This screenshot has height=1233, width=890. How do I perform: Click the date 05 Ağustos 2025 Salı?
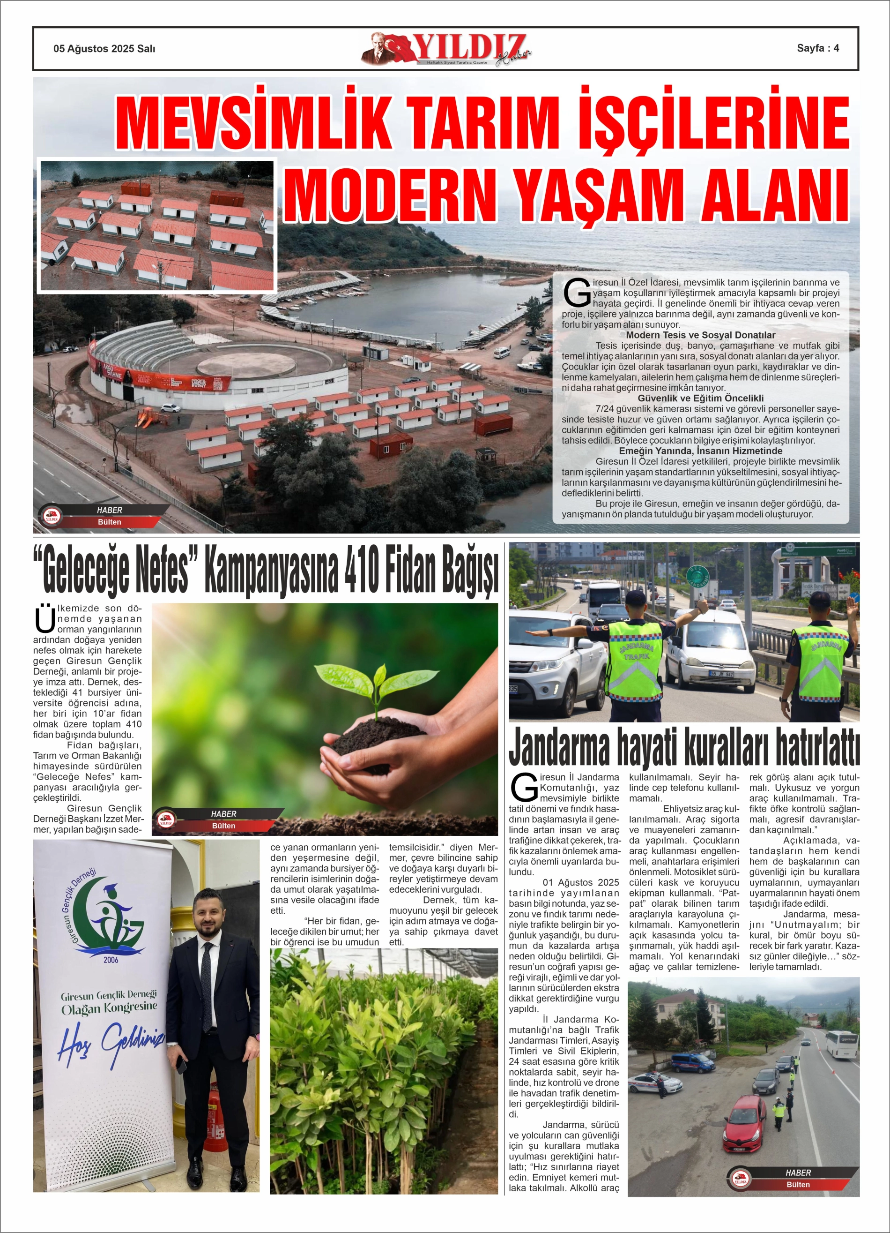[x=104, y=48]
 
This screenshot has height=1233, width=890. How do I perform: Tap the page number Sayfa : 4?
[x=818, y=48]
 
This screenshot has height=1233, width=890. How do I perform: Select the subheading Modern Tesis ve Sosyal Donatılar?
[x=700, y=335]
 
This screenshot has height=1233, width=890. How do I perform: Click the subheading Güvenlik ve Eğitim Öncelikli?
[x=700, y=398]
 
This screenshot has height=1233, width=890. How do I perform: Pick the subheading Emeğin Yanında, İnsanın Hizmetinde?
[x=700, y=451]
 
